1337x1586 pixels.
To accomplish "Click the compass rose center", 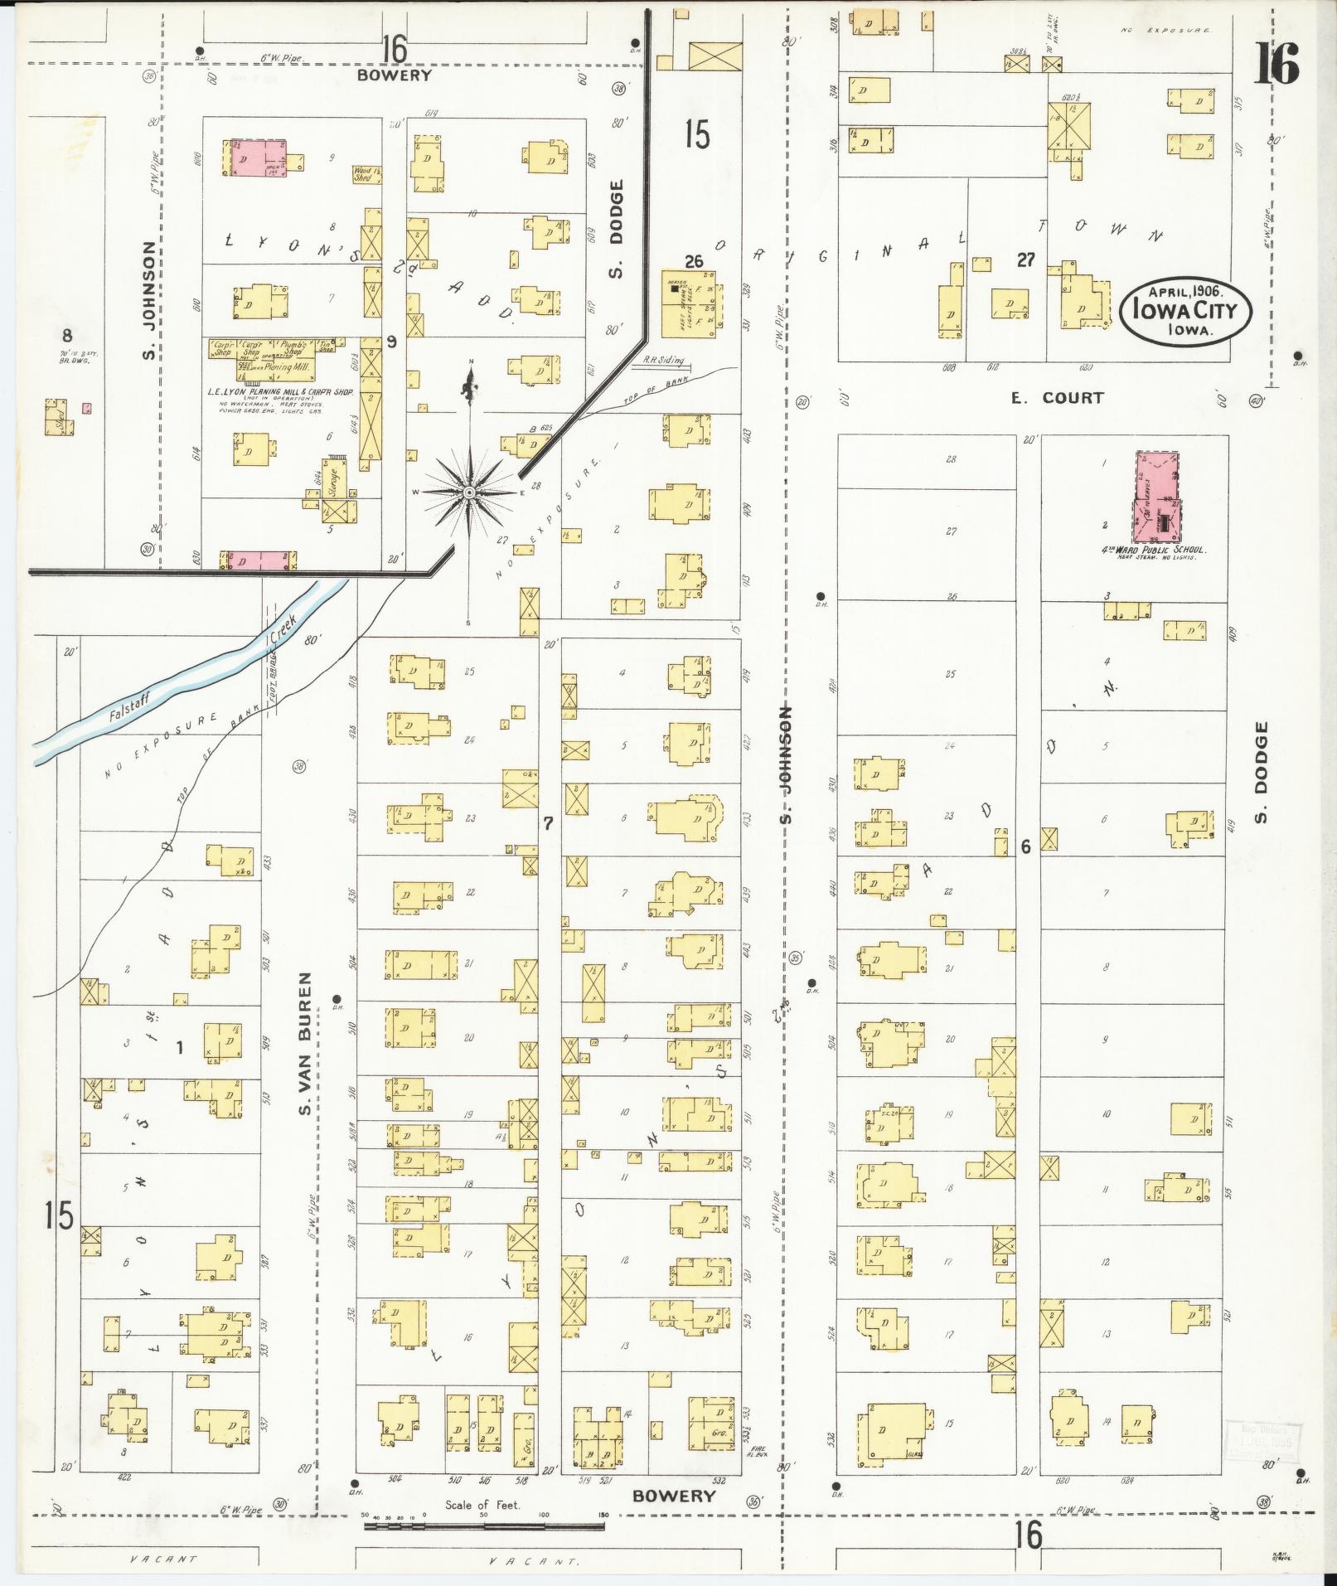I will (469, 492).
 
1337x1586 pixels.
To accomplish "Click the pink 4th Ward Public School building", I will (1160, 497).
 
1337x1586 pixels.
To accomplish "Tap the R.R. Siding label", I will (663, 361).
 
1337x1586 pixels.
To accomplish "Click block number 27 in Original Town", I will (1026, 260).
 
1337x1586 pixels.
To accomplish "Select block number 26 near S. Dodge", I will (694, 262).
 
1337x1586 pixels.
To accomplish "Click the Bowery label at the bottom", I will (673, 1496).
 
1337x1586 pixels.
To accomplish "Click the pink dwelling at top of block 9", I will (252, 158).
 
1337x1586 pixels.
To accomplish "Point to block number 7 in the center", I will (547, 823).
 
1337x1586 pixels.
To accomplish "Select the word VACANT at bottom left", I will (163, 1559).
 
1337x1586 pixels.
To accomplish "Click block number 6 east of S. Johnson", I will (1025, 847).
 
